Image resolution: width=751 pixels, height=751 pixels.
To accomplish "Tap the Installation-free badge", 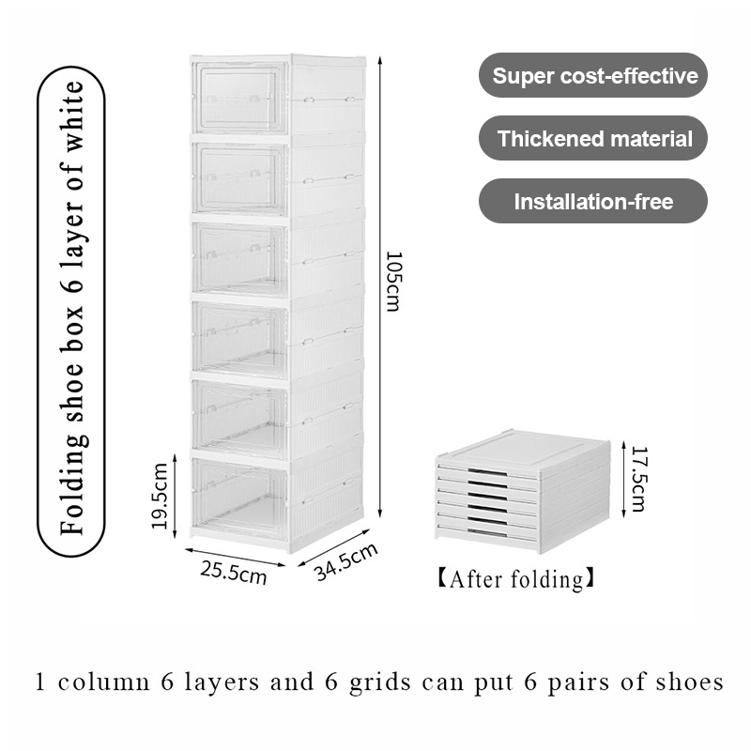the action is [593, 201].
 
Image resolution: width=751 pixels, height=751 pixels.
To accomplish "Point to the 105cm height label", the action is [394, 282].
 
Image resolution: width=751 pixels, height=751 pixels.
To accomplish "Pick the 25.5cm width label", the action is [233, 572].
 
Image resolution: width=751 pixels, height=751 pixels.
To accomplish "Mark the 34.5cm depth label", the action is [345, 562].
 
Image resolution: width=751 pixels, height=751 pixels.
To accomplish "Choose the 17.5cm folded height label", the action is [637, 479].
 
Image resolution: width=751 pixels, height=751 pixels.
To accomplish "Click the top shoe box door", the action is [239, 98].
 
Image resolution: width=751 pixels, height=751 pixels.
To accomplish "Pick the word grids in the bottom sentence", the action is [399, 682].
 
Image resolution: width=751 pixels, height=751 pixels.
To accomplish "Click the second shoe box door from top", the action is [239, 178].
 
